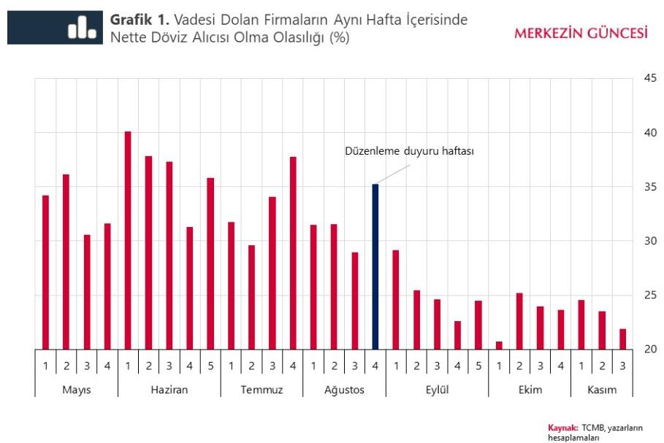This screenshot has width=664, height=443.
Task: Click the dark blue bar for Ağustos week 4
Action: (x=375, y=266)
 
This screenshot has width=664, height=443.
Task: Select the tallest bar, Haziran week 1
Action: (x=128, y=240)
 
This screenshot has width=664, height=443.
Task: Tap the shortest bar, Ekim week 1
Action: (x=499, y=345)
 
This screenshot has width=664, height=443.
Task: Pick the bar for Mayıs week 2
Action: (x=66, y=261)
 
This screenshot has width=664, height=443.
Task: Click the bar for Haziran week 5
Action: (x=210, y=263)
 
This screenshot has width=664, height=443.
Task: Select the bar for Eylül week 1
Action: (x=396, y=299)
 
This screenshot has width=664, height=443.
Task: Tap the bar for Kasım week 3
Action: (x=622, y=339)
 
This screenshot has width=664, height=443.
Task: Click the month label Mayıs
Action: (x=76, y=390)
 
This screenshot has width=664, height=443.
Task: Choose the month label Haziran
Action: (x=169, y=390)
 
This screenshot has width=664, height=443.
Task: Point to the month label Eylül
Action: (x=437, y=390)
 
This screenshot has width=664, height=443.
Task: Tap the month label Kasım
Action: (x=602, y=390)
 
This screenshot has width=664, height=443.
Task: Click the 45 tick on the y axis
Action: (x=649, y=79)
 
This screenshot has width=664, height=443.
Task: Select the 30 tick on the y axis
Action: (x=649, y=241)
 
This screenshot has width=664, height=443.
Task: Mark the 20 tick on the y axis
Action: (x=649, y=349)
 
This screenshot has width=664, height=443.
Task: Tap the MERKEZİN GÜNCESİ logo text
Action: (x=581, y=33)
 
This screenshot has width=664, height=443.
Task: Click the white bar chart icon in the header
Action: (x=82, y=28)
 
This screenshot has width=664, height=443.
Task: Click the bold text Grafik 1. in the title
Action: (x=140, y=20)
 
